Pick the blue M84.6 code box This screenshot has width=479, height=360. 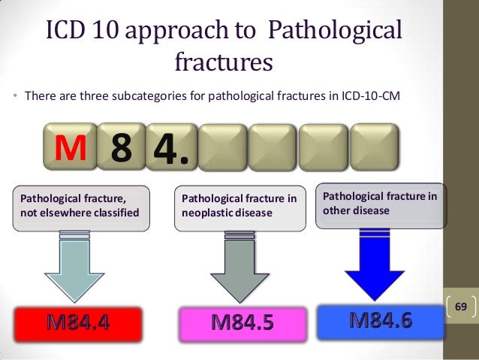pyautogui.click(x=381, y=321)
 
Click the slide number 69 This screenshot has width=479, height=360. pyautogui.click(x=461, y=307)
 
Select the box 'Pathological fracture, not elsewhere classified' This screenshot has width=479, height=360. pyautogui.click(x=80, y=205)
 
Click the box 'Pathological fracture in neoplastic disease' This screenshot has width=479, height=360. pyautogui.click(x=239, y=205)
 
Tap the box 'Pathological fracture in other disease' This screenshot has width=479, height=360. pyautogui.click(x=381, y=204)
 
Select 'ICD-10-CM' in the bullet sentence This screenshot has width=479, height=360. pyautogui.click(x=375, y=96)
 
